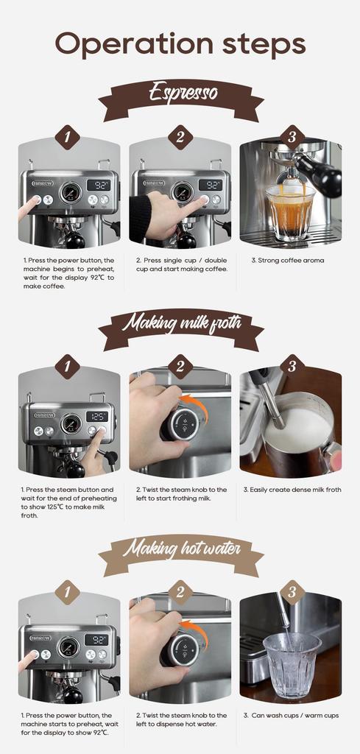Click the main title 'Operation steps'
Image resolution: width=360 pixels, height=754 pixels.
(x=180, y=44)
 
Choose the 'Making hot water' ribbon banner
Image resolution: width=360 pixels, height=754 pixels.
(x=181, y=549)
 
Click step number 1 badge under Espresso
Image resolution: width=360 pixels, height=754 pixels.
(x=68, y=138)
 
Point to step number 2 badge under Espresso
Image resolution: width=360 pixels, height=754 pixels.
(x=180, y=138)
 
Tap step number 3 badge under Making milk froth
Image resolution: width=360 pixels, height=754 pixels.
(x=292, y=365)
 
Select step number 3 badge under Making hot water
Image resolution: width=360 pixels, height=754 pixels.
(x=292, y=591)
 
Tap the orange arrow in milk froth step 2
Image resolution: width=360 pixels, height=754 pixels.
(x=196, y=406)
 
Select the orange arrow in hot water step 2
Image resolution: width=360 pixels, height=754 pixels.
(x=196, y=633)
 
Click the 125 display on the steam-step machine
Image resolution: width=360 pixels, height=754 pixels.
(x=97, y=416)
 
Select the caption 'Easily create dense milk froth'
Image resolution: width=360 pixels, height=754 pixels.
(x=292, y=490)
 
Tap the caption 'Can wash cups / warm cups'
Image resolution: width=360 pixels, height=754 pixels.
(x=291, y=716)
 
